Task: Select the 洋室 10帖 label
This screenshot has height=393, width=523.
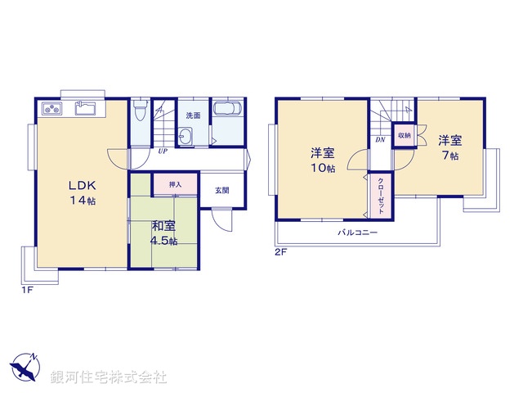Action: [322, 160]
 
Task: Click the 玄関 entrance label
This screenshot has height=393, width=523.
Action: [222, 190]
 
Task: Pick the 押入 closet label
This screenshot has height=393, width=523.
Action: [175, 185]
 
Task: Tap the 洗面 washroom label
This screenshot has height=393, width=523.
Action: [192, 115]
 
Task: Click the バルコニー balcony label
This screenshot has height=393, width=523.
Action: [358, 233]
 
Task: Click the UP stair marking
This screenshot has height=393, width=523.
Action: [163, 151]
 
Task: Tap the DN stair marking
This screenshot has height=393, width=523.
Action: [380, 140]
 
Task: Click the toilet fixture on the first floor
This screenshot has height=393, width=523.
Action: [140, 110]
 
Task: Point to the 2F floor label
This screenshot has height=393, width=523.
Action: [281, 252]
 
